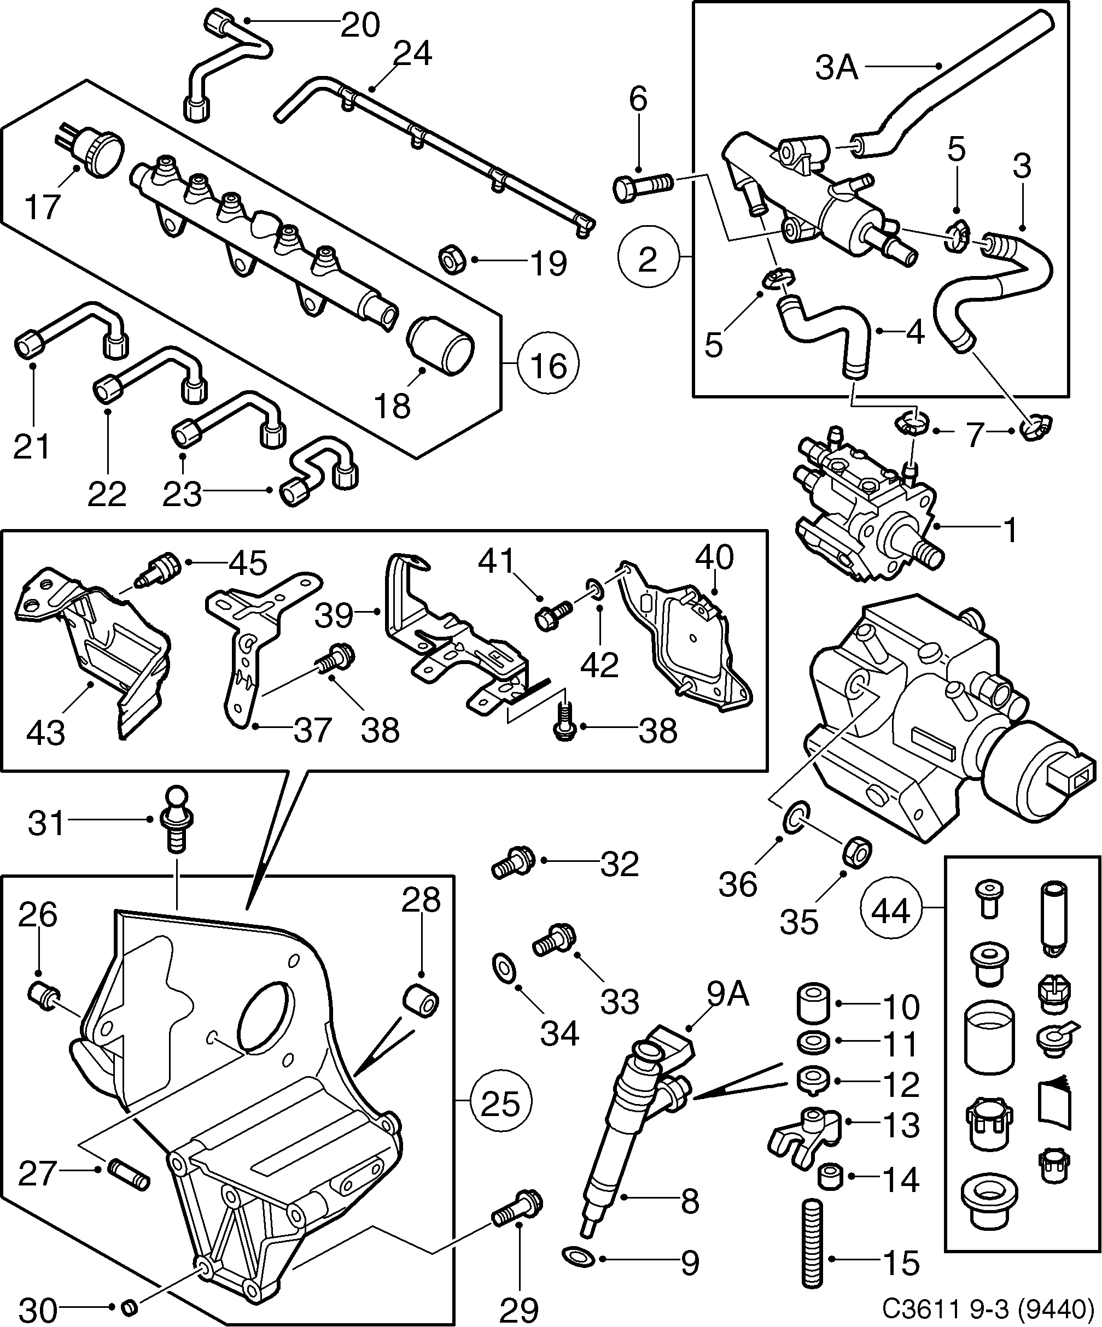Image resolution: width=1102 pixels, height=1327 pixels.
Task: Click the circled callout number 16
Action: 547,365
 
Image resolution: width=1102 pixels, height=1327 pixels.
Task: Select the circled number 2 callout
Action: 648,259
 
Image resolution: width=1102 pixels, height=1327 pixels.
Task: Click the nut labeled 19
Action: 452,260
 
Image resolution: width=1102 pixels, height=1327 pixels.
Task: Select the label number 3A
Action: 836,68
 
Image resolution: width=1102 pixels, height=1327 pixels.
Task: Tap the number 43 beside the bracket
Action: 45,732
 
